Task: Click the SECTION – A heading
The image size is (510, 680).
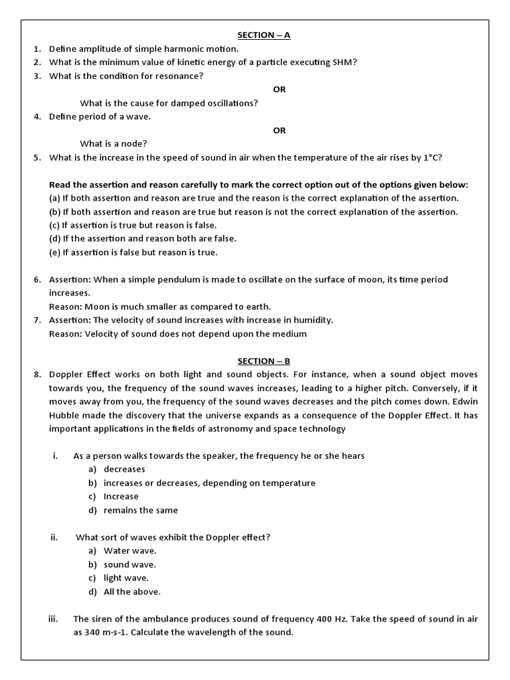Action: click(x=264, y=35)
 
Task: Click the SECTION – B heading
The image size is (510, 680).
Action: click(x=264, y=361)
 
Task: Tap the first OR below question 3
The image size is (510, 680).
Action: click(x=280, y=90)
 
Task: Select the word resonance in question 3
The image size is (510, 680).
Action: click(x=180, y=76)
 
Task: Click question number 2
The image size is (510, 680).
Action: click(x=38, y=62)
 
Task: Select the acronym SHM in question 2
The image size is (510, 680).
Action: click(x=344, y=62)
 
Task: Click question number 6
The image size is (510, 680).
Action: click(x=38, y=280)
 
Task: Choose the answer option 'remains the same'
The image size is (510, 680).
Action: click(x=141, y=510)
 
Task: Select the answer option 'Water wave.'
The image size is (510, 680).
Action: click(x=130, y=551)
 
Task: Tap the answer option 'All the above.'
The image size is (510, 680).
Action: click(x=132, y=592)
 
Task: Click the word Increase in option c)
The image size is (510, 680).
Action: click(x=122, y=496)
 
